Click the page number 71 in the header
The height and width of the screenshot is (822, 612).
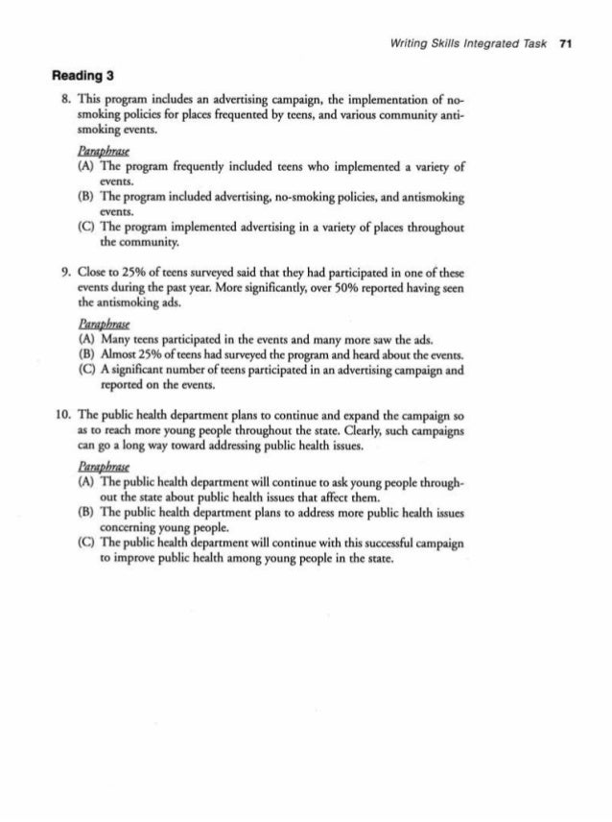pyautogui.click(x=566, y=45)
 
